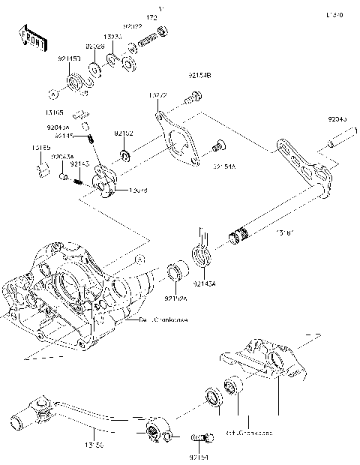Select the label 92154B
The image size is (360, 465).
pyautogui.click(x=199, y=76)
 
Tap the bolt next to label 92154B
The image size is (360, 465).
pyautogui.click(x=196, y=96)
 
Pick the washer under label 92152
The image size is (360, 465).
pyautogui.click(x=125, y=156)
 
